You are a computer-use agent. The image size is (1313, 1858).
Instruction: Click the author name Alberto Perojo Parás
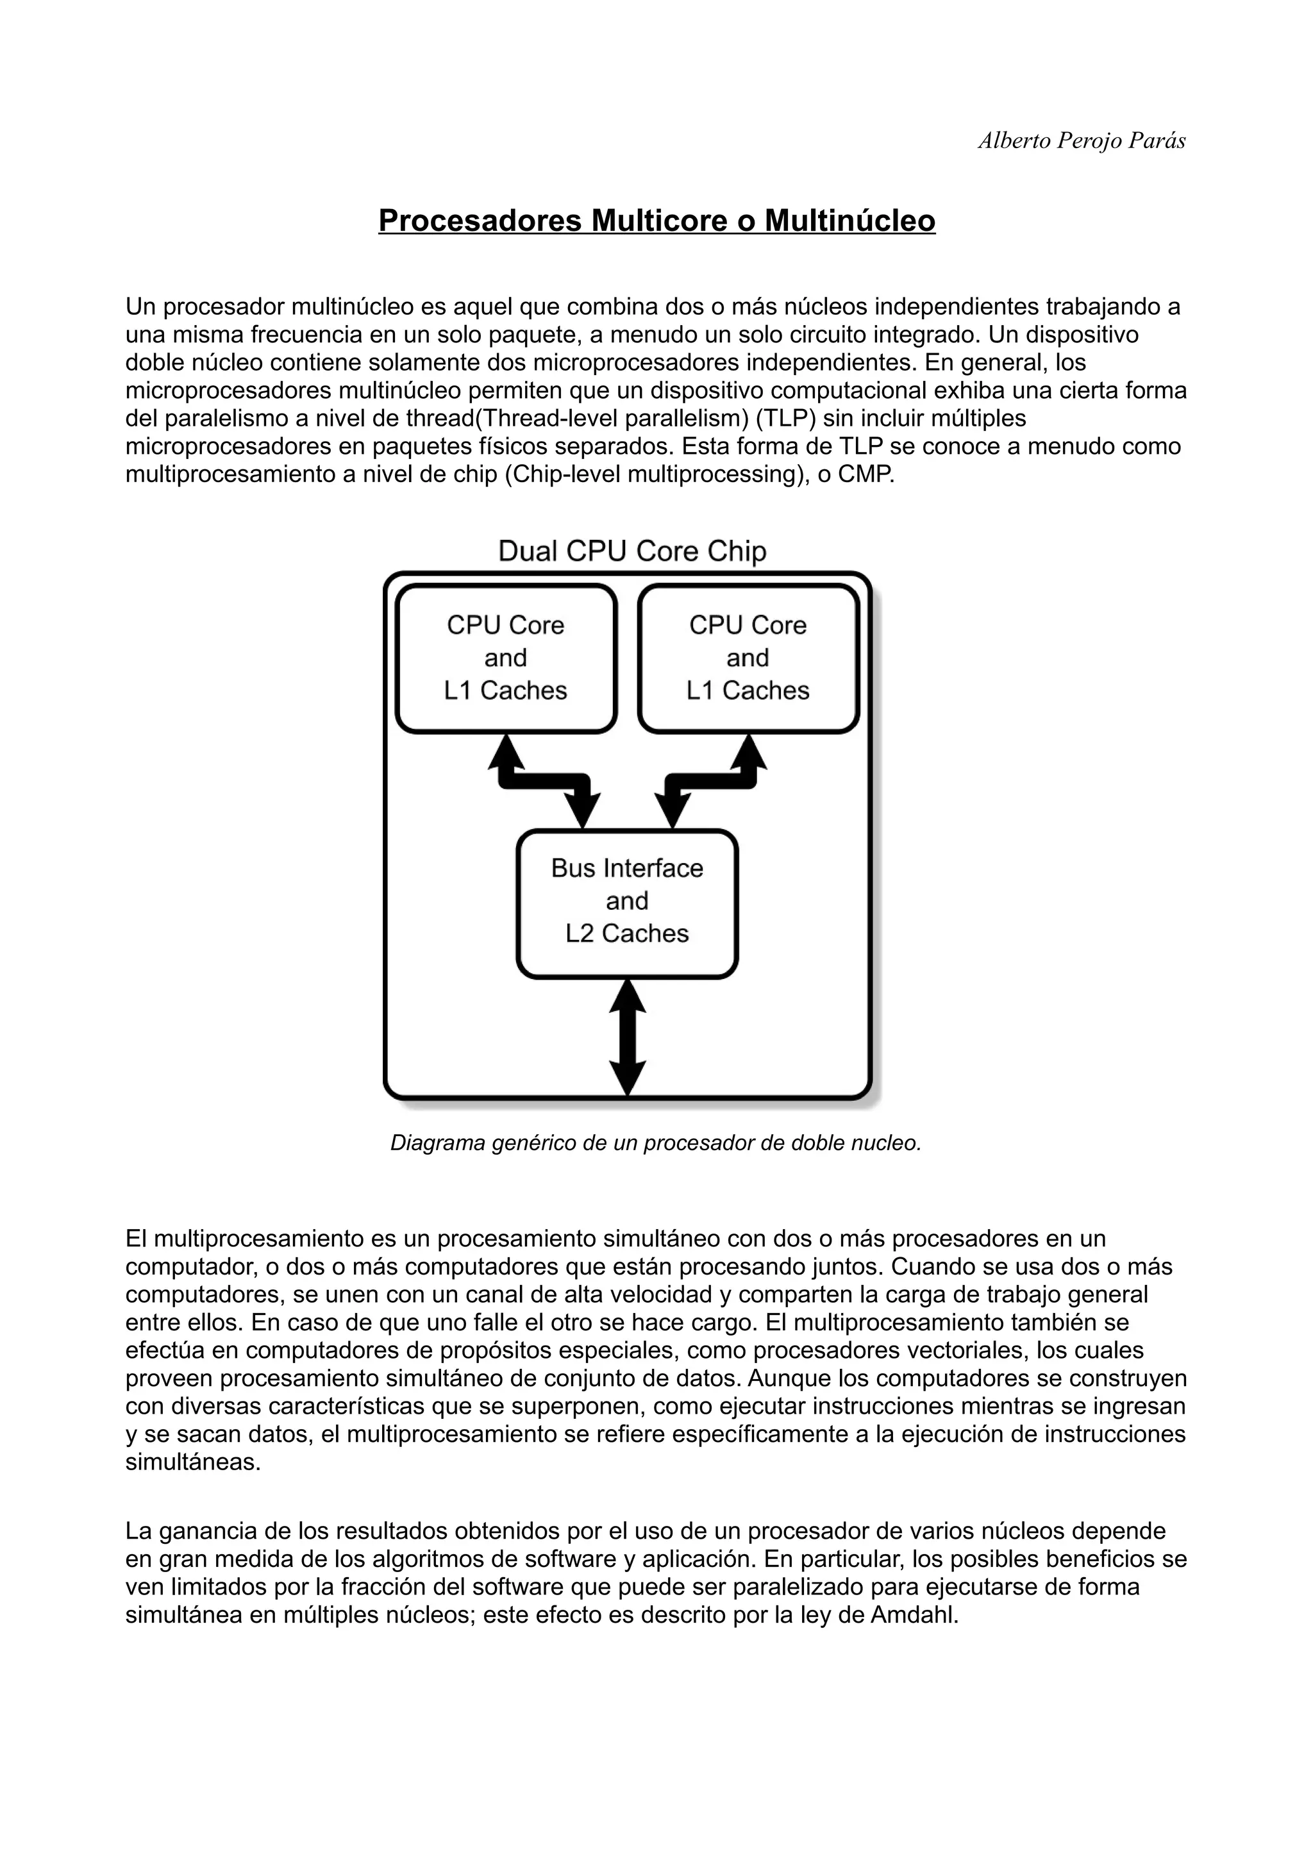tap(1082, 141)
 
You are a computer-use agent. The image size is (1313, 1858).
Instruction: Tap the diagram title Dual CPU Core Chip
tap(632, 551)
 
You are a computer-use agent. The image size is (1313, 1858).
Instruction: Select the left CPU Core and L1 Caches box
tap(506, 658)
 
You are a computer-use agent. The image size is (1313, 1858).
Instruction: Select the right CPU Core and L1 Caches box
tap(748, 658)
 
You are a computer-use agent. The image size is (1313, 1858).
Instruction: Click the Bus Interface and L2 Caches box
tap(627, 901)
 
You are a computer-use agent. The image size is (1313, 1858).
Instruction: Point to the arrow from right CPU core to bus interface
tap(710, 780)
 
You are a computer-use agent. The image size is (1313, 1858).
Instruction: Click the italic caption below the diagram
tap(656, 1142)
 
